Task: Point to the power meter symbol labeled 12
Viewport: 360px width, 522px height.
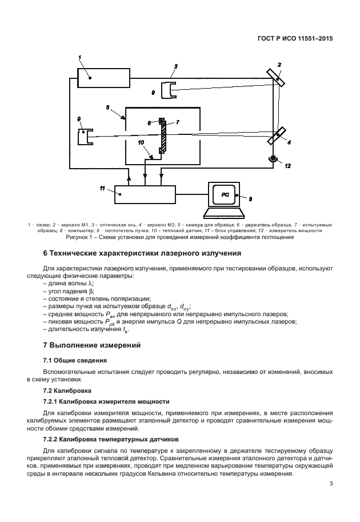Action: pyautogui.click(x=273, y=158)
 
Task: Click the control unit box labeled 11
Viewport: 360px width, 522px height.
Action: pyautogui.click(x=145, y=194)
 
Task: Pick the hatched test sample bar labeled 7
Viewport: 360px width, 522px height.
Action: pyautogui.click(x=163, y=135)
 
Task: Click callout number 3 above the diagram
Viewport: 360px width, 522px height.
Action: pyautogui.click(x=175, y=67)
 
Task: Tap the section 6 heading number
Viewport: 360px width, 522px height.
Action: pyautogui.click(x=46, y=253)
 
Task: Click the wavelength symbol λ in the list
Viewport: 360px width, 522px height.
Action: pyautogui.click(x=91, y=284)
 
